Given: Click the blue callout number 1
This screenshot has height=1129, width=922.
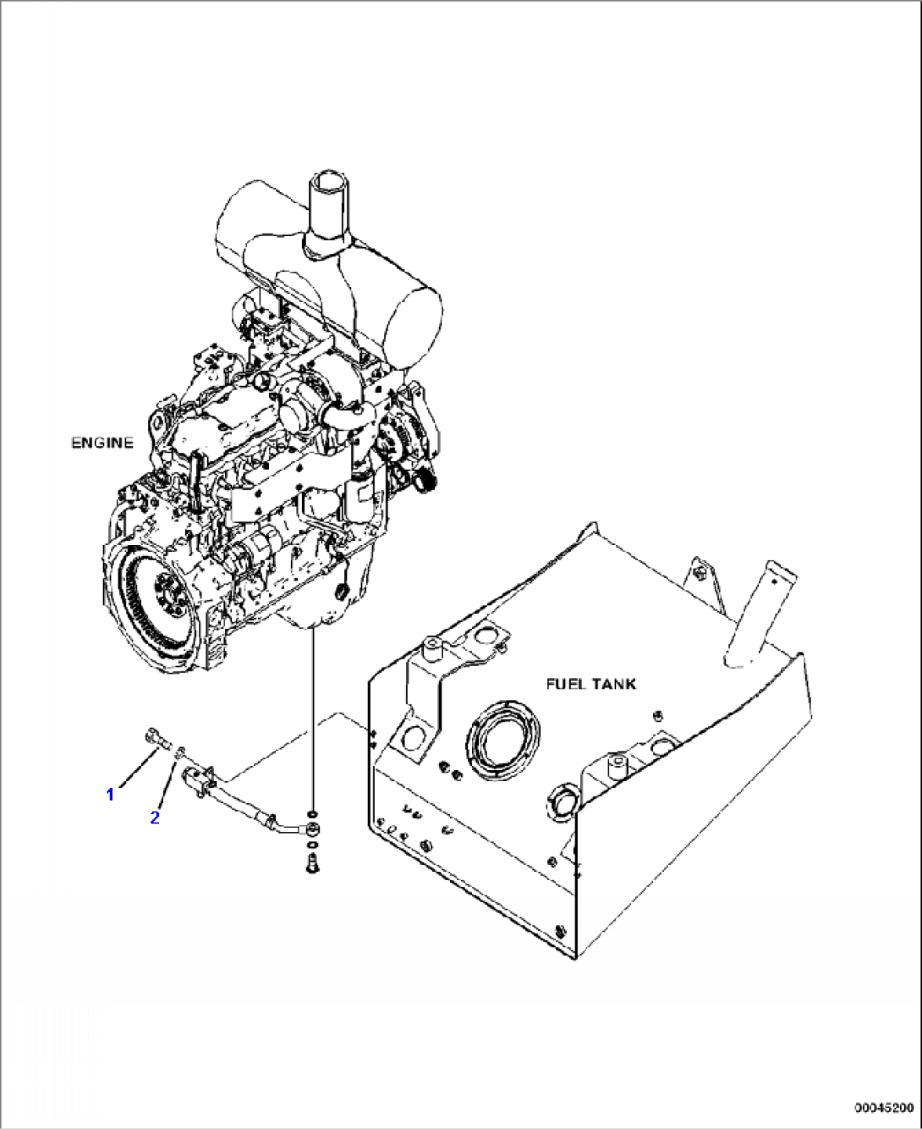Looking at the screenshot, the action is pos(110,794).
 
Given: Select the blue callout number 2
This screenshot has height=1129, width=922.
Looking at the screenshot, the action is pos(155,818).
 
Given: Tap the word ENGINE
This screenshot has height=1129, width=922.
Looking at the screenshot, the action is pos(102,443).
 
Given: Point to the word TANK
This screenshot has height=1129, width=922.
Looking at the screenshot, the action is pos(616,684).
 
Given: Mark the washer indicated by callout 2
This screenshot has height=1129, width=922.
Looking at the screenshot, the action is pos(180,752).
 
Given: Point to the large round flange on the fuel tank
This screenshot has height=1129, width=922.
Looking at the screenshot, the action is pos(503,733).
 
